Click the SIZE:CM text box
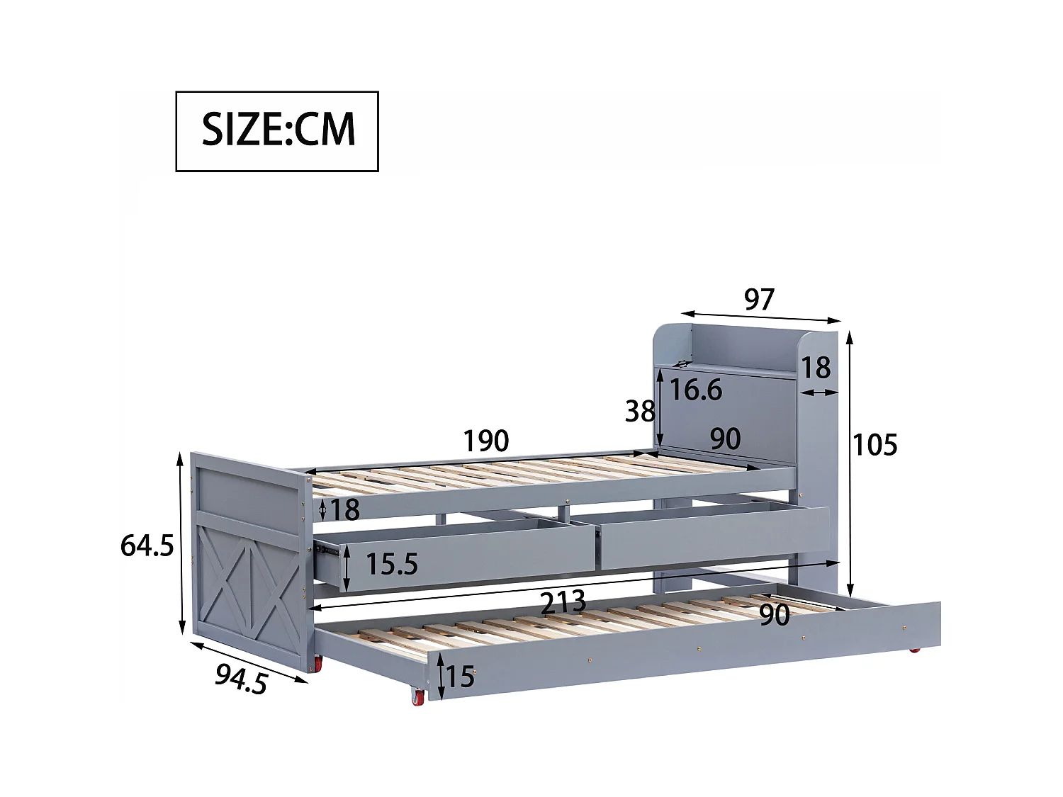point(277,131)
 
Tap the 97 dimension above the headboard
point(759,300)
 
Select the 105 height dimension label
point(874,445)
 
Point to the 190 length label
point(486,441)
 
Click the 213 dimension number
point(563,603)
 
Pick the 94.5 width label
point(242,680)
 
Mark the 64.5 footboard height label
point(147,546)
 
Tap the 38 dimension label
point(639,411)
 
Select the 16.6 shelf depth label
point(696,390)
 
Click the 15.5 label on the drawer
point(392,564)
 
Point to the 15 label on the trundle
point(460,677)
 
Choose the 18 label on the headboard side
point(816,368)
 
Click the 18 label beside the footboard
point(344,509)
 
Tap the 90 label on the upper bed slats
point(725,439)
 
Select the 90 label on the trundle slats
point(775,615)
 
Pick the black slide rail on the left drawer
point(326,548)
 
